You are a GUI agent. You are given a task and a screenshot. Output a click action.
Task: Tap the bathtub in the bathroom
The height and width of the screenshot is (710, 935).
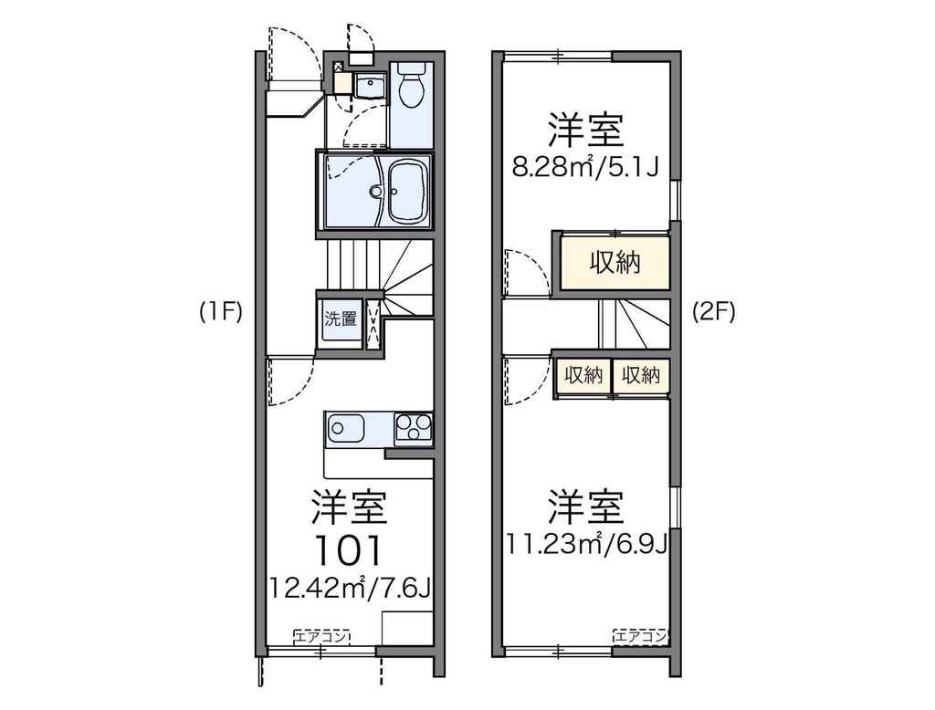click(x=409, y=191)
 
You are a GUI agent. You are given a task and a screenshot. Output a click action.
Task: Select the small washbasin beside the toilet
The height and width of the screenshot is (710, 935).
click(x=370, y=88)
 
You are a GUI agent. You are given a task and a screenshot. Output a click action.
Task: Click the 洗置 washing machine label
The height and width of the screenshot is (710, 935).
click(x=341, y=319)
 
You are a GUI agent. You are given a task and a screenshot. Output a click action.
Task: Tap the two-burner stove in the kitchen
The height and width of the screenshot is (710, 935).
click(x=413, y=427)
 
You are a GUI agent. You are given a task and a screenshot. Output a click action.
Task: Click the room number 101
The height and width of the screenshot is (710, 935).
click(x=350, y=548)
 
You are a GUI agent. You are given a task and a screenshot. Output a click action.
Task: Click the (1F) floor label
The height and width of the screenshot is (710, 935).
click(x=220, y=313)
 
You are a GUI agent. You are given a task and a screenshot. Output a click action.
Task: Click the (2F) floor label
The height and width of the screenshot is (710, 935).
click(x=713, y=313)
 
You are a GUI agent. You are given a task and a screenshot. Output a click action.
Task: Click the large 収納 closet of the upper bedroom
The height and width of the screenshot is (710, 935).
click(x=614, y=264)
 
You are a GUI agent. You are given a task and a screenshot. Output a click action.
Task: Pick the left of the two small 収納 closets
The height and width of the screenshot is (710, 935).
click(x=583, y=374)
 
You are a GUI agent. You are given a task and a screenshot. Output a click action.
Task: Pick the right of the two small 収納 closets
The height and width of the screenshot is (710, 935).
click(x=640, y=374)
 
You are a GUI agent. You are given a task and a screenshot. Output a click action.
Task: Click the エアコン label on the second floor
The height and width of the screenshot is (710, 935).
click(x=641, y=636)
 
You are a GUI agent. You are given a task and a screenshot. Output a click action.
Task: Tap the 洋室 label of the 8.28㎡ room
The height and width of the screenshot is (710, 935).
click(x=585, y=131)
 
